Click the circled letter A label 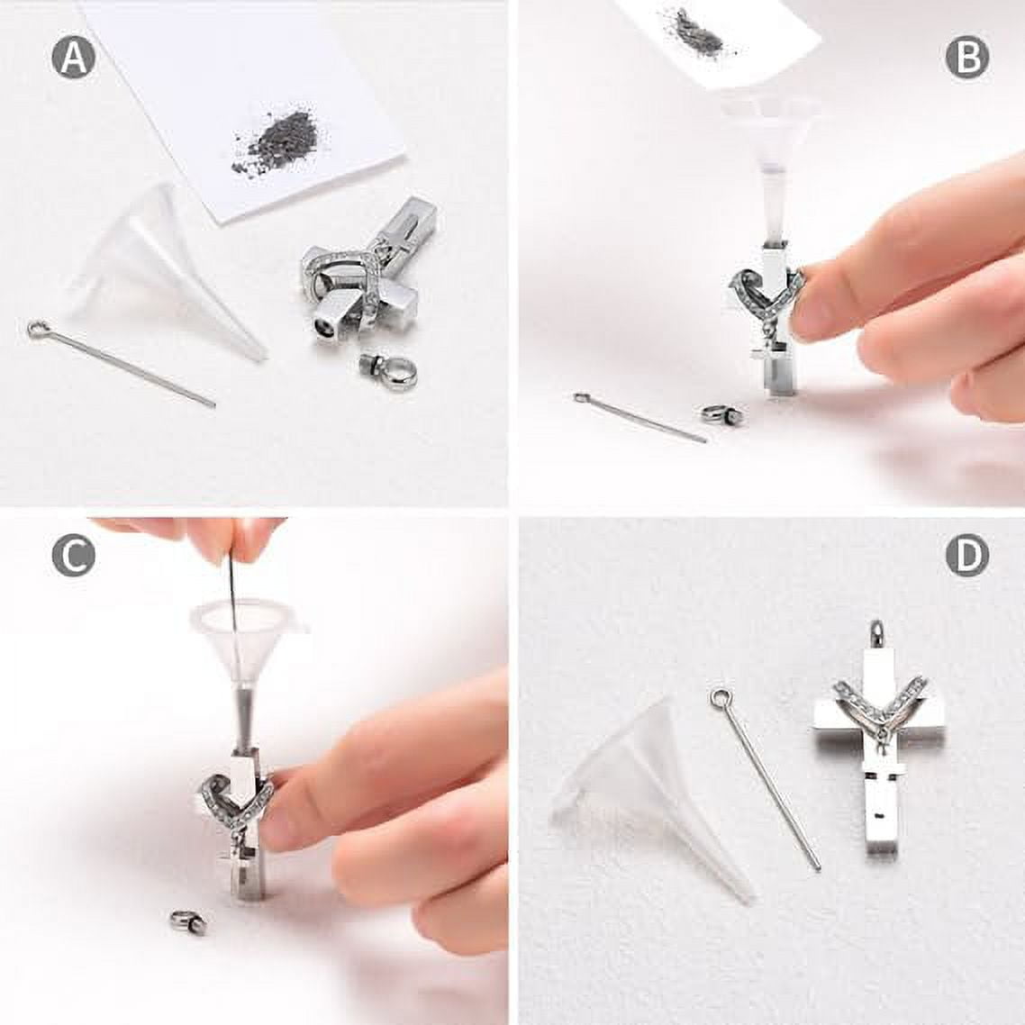73,57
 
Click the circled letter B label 966,58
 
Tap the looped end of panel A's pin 37,329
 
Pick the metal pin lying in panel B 639,417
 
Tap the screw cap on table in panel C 188,921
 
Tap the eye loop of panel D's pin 720,698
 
